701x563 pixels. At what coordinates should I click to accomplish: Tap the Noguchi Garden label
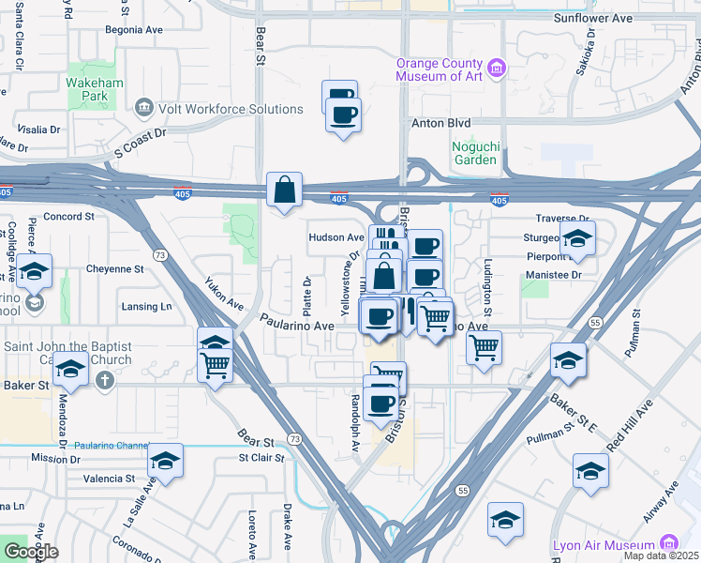click(x=475, y=152)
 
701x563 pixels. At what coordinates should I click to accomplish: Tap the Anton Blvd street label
click(x=440, y=123)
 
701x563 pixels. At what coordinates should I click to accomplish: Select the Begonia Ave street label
click(x=134, y=30)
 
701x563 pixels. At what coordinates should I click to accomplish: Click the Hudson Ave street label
click(x=336, y=238)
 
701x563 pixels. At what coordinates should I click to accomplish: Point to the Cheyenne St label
click(x=114, y=268)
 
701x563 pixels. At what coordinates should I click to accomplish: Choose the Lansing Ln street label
click(x=147, y=307)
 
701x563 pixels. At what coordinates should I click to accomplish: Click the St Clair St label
click(x=261, y=458)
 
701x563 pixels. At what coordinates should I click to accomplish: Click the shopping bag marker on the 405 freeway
click(x=284, y=190)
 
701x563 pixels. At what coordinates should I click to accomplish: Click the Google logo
click(x=30, y=551)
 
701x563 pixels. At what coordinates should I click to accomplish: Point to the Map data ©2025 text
click(x=661, y=555)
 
